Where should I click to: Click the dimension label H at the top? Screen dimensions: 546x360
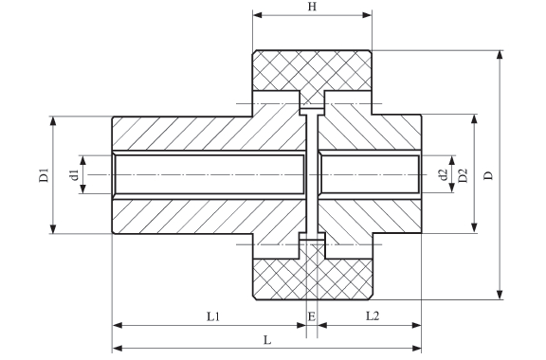[312, 7]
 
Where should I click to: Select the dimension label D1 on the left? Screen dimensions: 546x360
[44, 174]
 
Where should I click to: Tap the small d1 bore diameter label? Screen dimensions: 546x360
[74, 174]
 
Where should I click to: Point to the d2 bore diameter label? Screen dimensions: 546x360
[444, 174]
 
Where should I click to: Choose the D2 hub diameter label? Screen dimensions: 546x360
[463, 175]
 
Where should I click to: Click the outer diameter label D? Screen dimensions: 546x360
[489, 175]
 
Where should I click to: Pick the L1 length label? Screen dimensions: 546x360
[213, 316]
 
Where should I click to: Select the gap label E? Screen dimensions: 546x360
[312, 316]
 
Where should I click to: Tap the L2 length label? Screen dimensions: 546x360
[372, 316]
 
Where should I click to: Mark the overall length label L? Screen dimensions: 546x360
[266, 340]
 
